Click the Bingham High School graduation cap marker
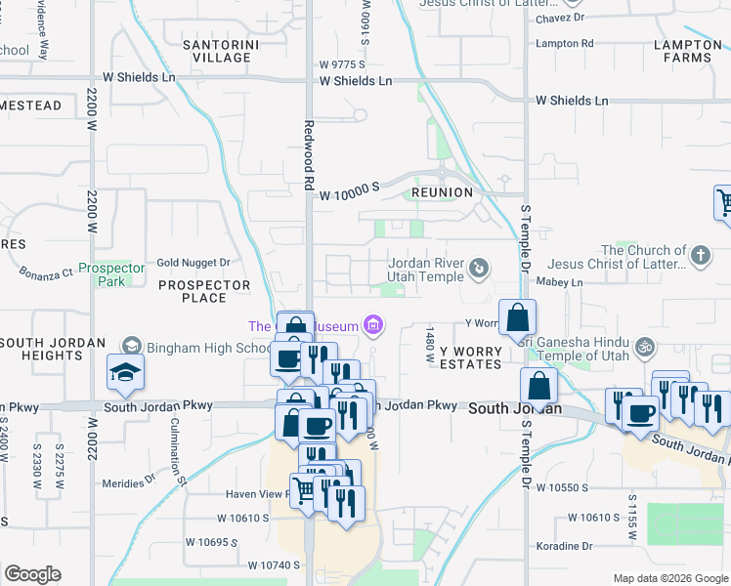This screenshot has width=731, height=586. [x=125, y=372]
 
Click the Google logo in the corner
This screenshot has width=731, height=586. [x=32, y=574]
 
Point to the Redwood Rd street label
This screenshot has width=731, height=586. [x=308, y=154]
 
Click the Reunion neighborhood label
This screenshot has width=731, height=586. [x=442, y=192]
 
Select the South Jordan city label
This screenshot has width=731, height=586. [x=514, y=408]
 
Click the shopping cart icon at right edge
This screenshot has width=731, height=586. [x=723, y=203]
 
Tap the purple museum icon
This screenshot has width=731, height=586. [x=371, y=324]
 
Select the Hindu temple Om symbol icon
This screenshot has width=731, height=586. [x=643, y=346]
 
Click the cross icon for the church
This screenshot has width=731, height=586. [x=699, y=257]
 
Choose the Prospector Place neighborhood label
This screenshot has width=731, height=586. [x=204, y=291]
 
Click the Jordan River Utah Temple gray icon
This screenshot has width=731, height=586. [x=479, y=268]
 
